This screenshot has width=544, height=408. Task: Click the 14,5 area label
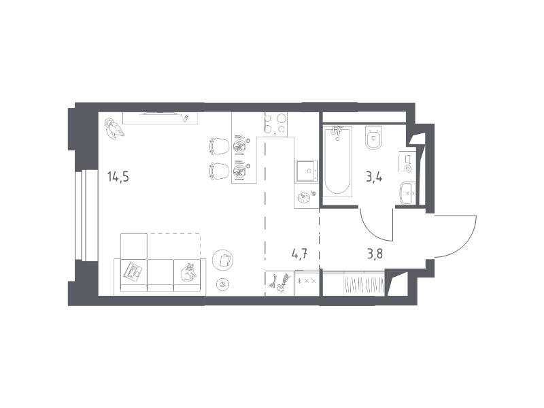[118, 177]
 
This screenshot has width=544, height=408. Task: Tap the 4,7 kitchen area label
[299, 254]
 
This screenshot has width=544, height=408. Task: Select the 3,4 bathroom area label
[374, 177]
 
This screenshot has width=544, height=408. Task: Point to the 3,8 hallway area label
[375, 254]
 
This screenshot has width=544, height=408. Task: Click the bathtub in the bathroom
[337, 160]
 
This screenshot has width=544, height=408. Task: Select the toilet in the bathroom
[373, 137]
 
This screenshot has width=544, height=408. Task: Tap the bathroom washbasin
[407, 193]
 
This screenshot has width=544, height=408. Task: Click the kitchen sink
[307, 171]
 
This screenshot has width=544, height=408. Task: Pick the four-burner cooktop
[276, 124]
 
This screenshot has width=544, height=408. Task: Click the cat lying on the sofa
[188, 272]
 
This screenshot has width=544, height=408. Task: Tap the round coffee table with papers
[222, 260]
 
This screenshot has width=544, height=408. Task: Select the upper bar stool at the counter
[219, 146]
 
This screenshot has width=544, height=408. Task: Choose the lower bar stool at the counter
[219, 171]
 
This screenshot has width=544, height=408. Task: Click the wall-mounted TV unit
[160, 118]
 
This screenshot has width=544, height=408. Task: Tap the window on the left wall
[80, 215]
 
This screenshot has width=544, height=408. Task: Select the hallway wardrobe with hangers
[354, 284]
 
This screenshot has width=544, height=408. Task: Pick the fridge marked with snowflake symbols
[307, 284]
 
